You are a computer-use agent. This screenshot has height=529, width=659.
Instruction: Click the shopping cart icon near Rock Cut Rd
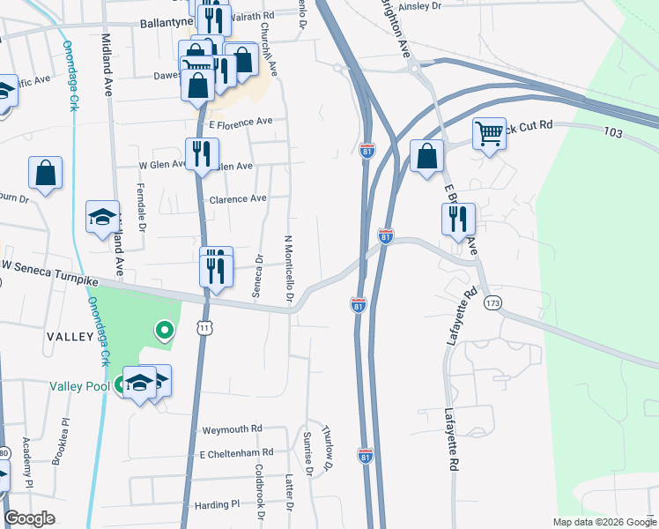[x=488, y=134]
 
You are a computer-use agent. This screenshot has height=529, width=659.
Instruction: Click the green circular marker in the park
[x=163, y=331]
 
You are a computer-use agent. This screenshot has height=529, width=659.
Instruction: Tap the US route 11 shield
[x=205, y=327]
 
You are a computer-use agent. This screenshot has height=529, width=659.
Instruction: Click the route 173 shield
[x=492, y=303]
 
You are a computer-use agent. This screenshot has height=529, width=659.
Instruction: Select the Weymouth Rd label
[x=233, y=428]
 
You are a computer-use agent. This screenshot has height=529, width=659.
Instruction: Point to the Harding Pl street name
[x=218, y=505]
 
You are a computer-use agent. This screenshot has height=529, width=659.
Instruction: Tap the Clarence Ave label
[x=237, y=199]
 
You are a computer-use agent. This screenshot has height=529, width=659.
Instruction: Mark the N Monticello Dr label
[x=288, y=272]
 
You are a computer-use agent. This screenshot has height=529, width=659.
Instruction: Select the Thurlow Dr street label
[x=328, y=442]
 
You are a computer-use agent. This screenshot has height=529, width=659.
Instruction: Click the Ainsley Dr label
[x=419, y=6]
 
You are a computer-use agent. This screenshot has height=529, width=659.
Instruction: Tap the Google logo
[x=30, y=518]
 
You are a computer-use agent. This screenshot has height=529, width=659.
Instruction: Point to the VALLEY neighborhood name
[x=71, y=337]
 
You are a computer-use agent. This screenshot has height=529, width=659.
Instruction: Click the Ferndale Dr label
[x=142, y=214]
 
